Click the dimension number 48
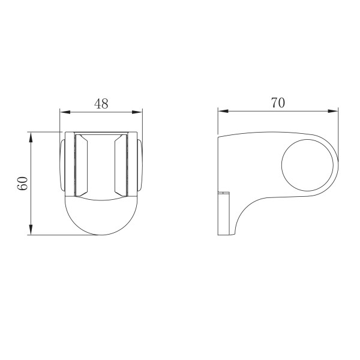coord(101,104)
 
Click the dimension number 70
coord(278,103)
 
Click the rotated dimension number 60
coord(23,183)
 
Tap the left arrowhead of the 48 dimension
coord(65,112)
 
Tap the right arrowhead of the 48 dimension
coord(137,112)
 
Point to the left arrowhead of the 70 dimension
coord(223,111)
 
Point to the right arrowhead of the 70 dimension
coord(333,111)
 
